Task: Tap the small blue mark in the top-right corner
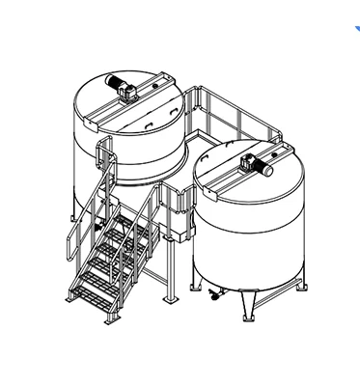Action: click(355, 29)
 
